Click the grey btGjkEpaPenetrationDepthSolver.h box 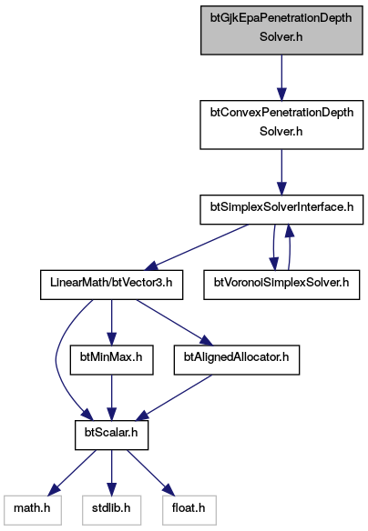point(281,30)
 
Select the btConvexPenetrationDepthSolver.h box point(281,125)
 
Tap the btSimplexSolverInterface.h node point(281,209)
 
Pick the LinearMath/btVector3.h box point(112,285)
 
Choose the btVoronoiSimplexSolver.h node point(281,285)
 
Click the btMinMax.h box point(112,360)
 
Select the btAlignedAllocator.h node point(237,360)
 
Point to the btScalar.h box point(112,436)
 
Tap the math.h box point(33,510)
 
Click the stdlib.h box point(112,510)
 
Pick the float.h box point(189,510)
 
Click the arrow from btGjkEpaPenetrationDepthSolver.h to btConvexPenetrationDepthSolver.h point(281,77)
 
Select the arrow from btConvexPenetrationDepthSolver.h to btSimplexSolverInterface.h point(281,172)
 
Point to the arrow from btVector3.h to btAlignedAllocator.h point(175,323)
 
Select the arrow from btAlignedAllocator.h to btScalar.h point(175,398)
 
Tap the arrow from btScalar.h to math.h point(72,473)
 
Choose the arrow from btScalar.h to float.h point(151,473)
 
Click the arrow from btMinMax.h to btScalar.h point(112,398)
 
